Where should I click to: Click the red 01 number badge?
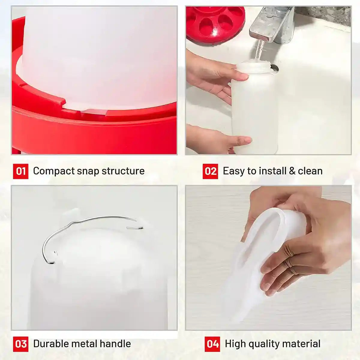point(20,171)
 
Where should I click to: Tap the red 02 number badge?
point(210,171)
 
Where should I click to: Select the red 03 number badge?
point(20,344)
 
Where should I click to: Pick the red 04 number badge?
point(212,344)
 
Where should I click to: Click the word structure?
point(123,171)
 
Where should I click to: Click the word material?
point(303,344)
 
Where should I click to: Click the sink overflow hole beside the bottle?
point(274,68)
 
